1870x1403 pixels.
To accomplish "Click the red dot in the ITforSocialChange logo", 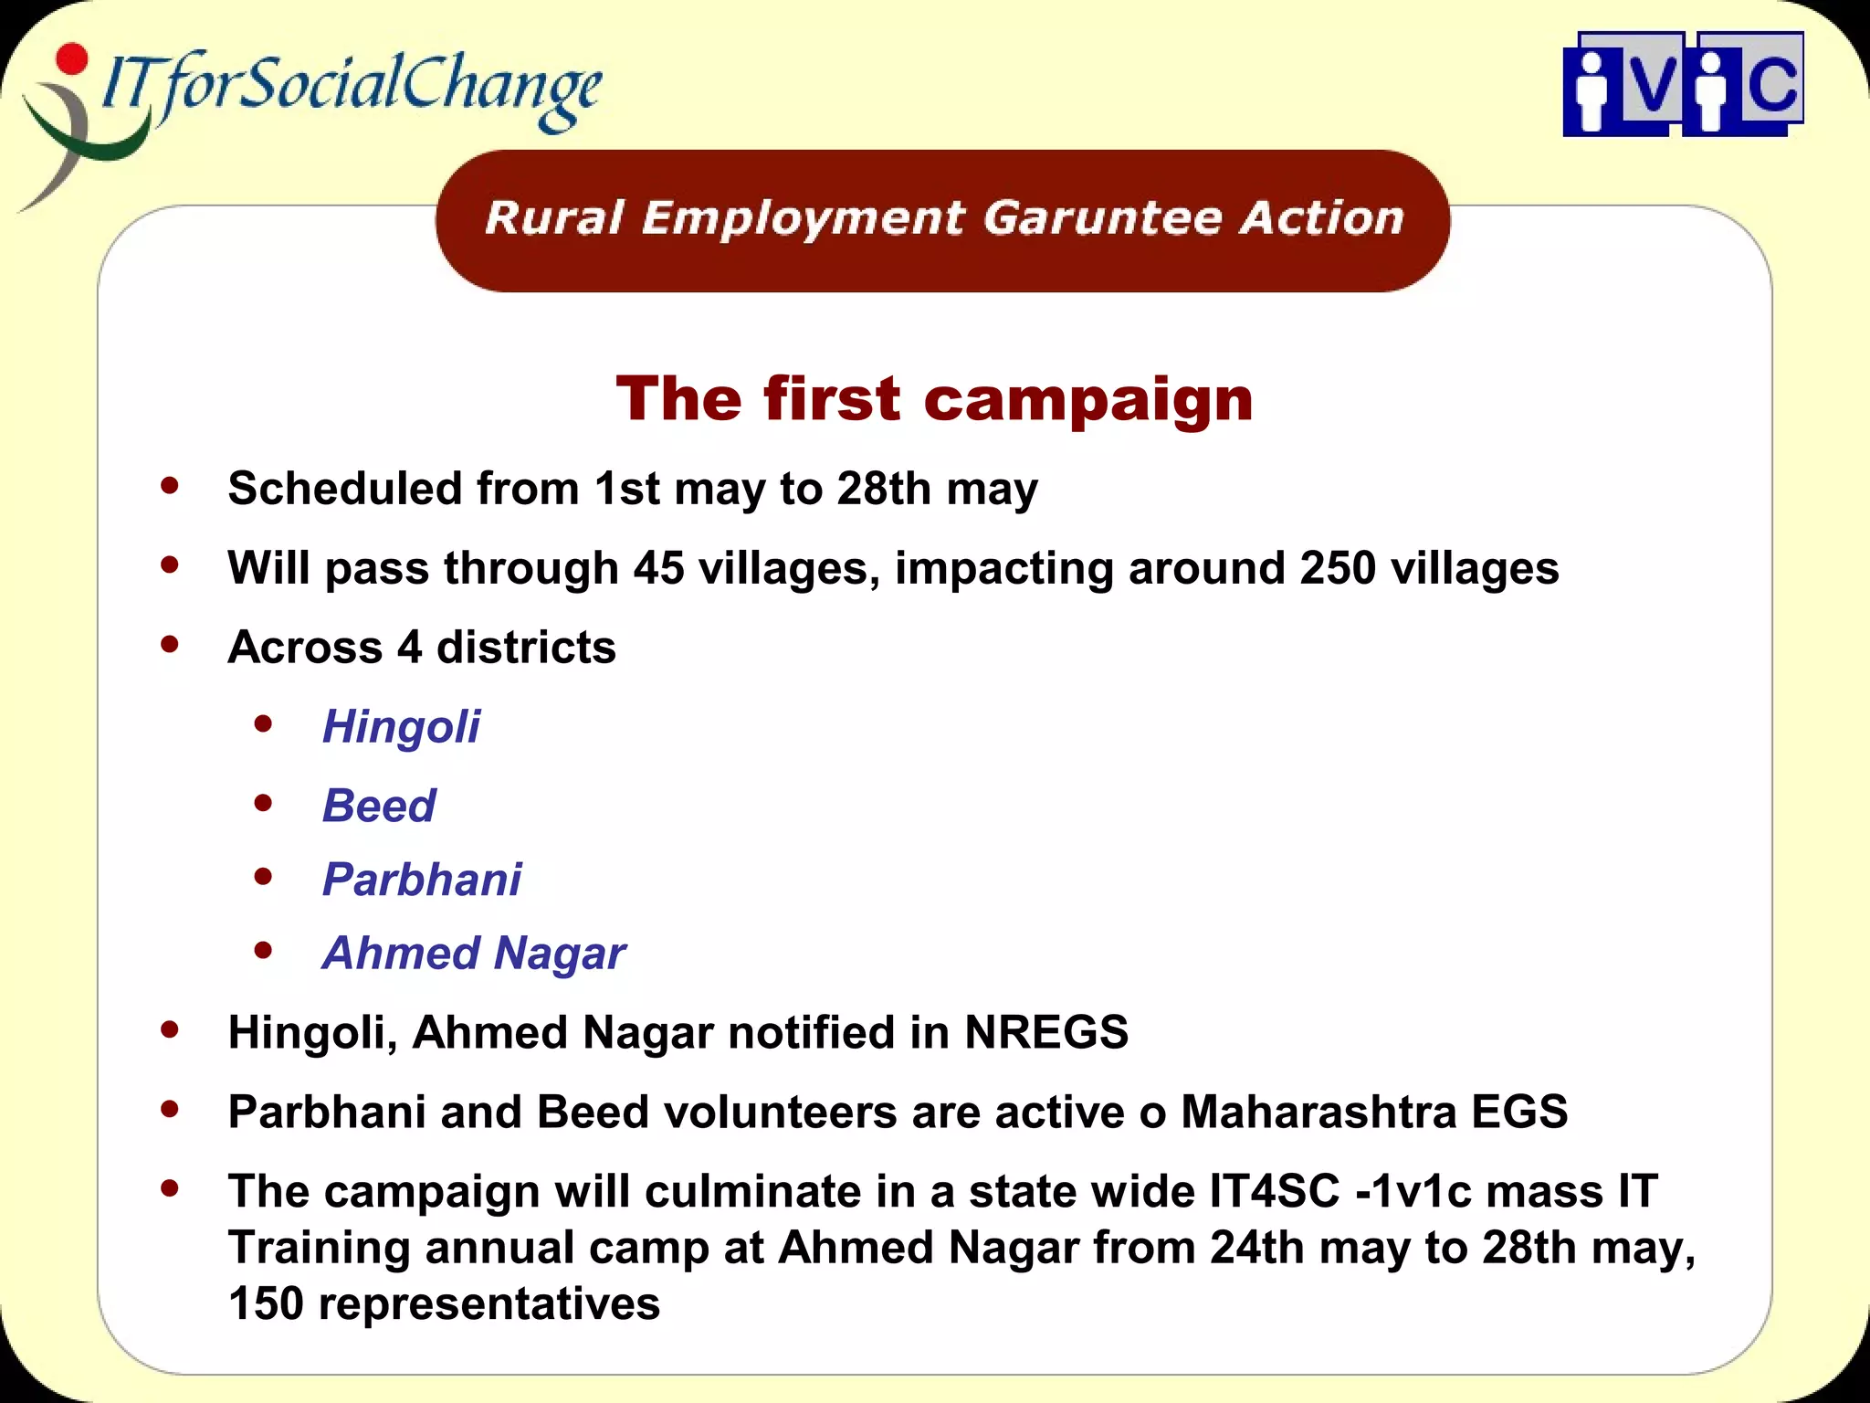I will coord(71,59).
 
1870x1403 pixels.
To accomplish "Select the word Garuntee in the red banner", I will coord(1102,218).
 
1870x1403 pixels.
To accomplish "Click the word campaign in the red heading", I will coord(1087,400).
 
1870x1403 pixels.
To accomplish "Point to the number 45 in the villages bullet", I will coord(658,567).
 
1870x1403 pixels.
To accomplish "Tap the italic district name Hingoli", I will coord(401,727).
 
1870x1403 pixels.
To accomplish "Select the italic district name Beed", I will coord(379,806).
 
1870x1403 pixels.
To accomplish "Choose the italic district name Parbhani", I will coord(422,880).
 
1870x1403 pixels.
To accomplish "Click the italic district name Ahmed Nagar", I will coord(474,954).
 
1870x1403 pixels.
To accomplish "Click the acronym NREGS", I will coord(1046,1032).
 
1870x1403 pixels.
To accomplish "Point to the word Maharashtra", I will coord(1318,1112).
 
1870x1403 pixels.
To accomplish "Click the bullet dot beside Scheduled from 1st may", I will coord(170,485).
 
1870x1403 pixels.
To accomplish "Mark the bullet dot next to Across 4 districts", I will coord(170,644).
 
